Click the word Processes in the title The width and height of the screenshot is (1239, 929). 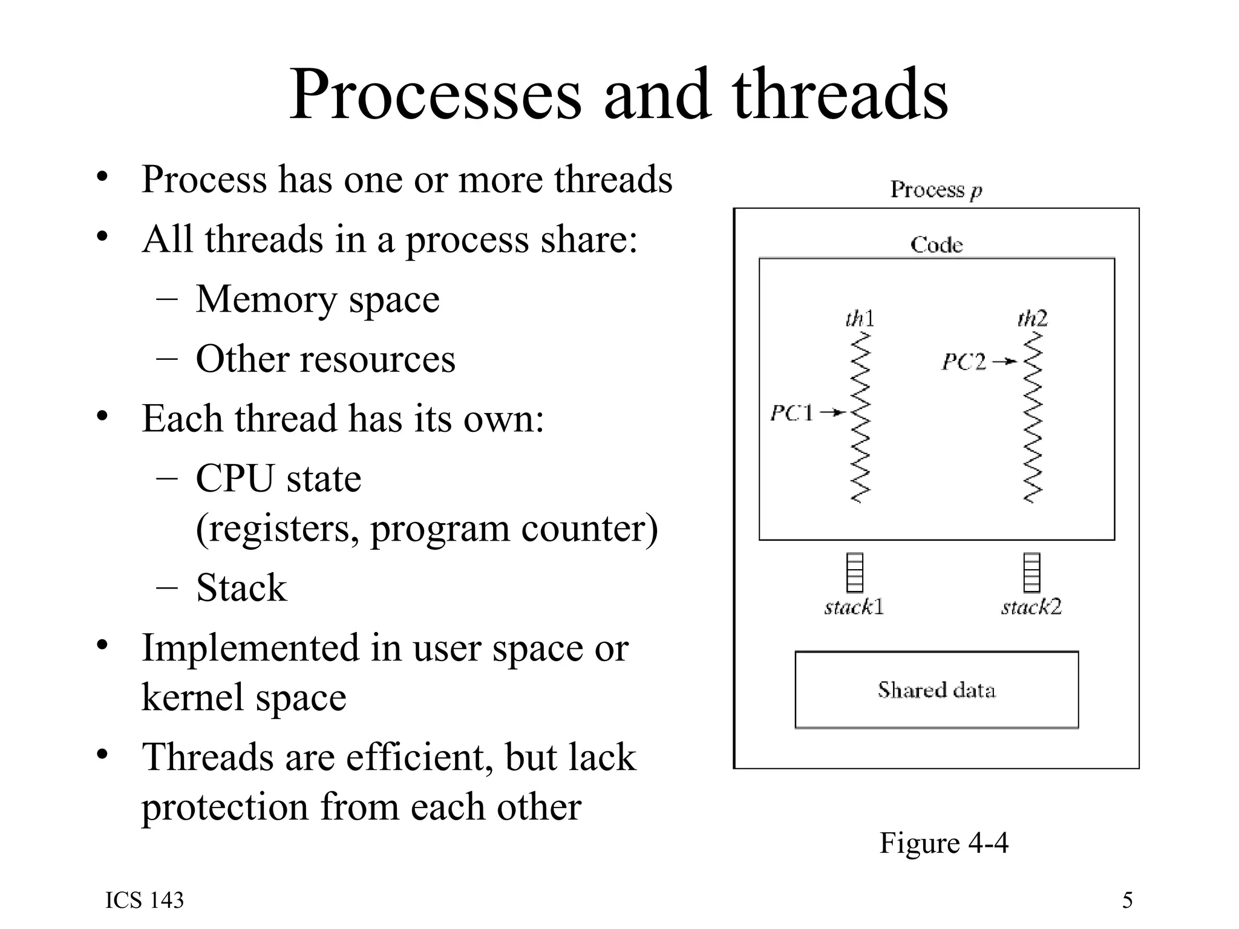point(436,96)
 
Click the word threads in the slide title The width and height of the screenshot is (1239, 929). point(840,96)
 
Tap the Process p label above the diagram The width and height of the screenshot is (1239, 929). point(936,190)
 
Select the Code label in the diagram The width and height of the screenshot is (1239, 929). point(936,245)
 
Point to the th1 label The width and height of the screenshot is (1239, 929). point(860,318)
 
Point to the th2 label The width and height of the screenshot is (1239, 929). point(1032,318)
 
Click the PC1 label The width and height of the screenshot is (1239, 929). point(791,413)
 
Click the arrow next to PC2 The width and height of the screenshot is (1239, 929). point(1005,362)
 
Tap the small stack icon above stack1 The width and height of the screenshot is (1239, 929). point(854,572)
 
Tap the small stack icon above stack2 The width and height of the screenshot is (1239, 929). point(1031,572)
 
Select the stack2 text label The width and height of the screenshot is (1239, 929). point(1031,607)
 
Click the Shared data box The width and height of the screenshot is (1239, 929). point(936,690)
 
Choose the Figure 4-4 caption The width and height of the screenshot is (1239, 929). point(944,843)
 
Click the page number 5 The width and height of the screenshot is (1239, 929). point(1127,901)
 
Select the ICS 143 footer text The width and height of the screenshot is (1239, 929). point(145,901)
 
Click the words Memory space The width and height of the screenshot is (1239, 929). point(318,299)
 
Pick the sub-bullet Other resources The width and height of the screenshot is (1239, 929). point(325,359)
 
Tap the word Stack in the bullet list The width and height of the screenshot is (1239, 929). point(241,588)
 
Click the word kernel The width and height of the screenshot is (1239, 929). point(192,697)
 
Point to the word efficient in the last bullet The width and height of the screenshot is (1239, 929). point(419,757)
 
